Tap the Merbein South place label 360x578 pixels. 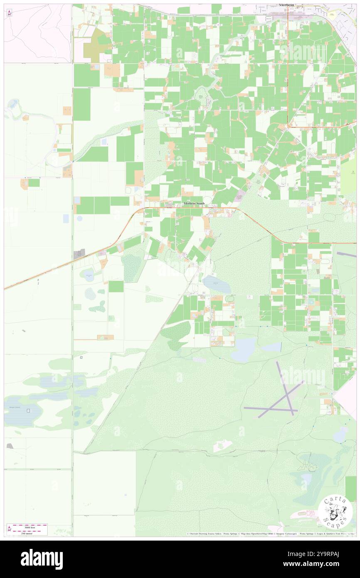tap(194, 203)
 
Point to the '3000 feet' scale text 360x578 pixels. tap(30, 526)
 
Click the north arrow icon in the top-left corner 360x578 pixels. tap(9, 12)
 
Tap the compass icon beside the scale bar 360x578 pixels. tap(9, 529)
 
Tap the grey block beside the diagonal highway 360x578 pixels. tap(79, 254)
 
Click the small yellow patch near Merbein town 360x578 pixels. tap(332, 15)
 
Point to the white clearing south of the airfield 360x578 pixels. tap(222, 446)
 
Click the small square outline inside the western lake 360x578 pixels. tap(28, 411)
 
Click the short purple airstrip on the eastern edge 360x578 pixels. tap(346, 254)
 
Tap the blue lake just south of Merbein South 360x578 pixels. tap(217, 284)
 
